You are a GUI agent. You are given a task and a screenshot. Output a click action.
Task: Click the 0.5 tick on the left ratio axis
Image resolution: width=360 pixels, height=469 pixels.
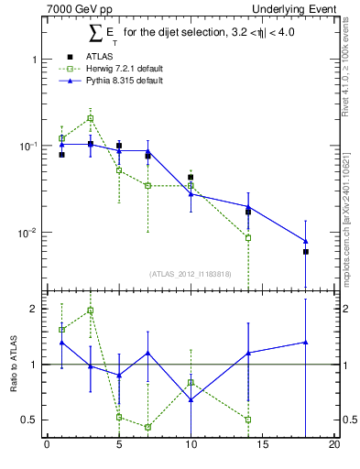point(33,420)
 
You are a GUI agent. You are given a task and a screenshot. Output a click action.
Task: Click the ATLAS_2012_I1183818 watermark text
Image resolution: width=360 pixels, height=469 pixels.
point(191,273)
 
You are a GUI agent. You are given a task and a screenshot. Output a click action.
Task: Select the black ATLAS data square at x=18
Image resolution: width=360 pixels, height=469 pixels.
point(306,252)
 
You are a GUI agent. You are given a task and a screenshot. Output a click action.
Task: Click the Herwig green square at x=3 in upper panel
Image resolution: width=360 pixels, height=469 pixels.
point(90,118)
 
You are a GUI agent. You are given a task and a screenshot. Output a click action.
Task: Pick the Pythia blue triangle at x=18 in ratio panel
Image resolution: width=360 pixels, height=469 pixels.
point(306,342)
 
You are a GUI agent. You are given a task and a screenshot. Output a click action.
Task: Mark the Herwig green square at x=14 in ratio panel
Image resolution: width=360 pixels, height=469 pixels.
point(248,420)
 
